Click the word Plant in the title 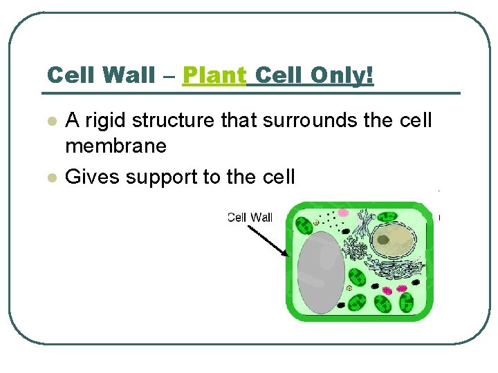214,75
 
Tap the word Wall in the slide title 129,75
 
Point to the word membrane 116,146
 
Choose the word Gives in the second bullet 89,177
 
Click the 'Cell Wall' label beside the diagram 250,218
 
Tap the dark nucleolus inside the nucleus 382,240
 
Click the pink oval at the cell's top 343,212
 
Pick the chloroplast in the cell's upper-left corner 304,225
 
